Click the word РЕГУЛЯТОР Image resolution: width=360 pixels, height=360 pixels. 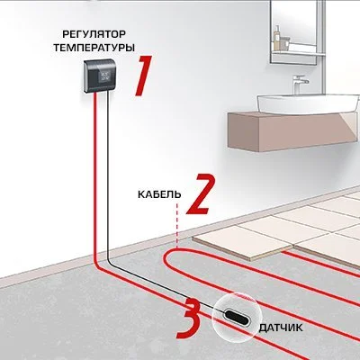click(94, 34)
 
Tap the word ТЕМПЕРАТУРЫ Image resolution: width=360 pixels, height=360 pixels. click(94, 48)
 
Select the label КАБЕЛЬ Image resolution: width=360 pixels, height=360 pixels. click(159, 194)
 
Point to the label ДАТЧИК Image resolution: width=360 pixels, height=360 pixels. click(281, 328)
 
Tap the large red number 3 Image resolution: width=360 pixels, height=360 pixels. click(189, 318)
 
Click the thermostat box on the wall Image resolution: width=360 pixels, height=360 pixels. click(99, 76)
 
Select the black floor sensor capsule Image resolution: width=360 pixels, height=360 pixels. click(237, 318)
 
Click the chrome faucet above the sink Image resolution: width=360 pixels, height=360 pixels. click(300, 84)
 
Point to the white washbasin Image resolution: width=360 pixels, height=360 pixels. click(308, 103)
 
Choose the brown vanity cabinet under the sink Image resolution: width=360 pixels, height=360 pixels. click(292, 131)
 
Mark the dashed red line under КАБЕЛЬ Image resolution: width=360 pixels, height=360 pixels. click(177, 226)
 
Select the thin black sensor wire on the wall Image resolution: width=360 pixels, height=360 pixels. click(108, 178)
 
